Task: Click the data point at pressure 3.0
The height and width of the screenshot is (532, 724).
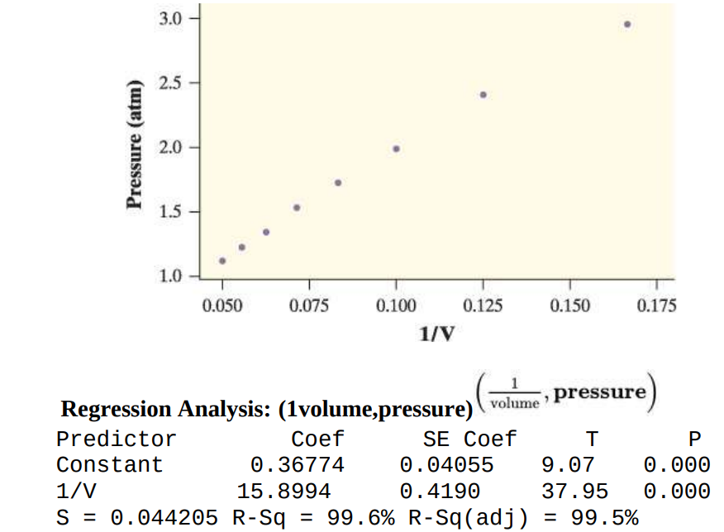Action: tap(627, 24)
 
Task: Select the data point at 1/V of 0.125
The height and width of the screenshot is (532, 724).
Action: tap(483, 94)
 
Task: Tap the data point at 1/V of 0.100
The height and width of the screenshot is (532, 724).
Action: tap(396, 149)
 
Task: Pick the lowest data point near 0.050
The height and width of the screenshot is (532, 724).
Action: tap(222, 260)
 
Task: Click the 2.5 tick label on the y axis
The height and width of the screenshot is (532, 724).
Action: tap(170, 83)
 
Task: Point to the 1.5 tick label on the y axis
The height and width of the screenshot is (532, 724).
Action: tap(170, 212)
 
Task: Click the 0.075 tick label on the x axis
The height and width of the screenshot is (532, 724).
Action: tap(309, 306)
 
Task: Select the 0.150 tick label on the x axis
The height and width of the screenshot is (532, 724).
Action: tap(569, 306)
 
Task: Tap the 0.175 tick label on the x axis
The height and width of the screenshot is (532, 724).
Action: tap(656, 306)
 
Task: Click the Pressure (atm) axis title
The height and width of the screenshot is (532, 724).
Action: tap(135, 147)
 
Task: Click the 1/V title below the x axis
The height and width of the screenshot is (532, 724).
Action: tap(438, 334)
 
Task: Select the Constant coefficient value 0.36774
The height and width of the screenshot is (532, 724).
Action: tap(298, 465)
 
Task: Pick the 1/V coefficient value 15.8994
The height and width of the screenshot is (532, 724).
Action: tap(283, 492)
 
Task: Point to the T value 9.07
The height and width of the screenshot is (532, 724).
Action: tap(567, 465)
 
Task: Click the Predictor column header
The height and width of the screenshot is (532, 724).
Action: tap(116, 439)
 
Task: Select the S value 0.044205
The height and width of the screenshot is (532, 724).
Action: tap(164, 518)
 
